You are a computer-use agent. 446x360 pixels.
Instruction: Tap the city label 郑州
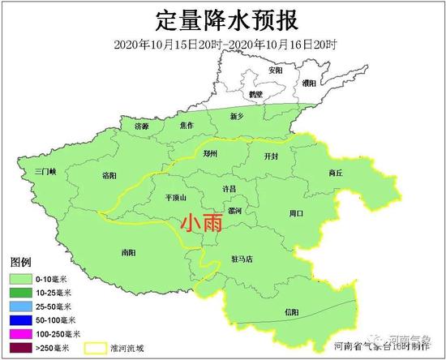click(x=210, y=153)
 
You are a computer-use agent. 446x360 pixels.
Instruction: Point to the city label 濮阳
click(x=309, y=83)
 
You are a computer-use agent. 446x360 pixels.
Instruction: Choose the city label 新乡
click(x=237, y=117)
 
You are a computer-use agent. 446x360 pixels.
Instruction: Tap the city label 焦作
click(x=187, y=126)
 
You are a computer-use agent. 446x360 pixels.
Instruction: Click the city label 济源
click(x=142, y=126)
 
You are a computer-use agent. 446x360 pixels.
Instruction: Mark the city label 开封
click(x=272, y=156)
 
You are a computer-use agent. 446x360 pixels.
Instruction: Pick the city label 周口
click(x=296, y=213)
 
